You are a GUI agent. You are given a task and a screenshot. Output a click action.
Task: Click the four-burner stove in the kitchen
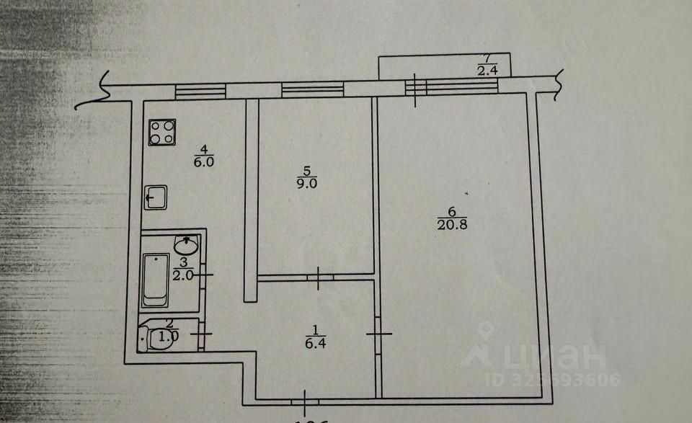point(162,133)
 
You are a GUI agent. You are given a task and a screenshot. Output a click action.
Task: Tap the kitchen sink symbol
point(155,197)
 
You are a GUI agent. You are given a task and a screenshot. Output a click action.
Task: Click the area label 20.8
point(451,224)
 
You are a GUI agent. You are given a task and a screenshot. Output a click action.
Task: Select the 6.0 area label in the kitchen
point(204,162)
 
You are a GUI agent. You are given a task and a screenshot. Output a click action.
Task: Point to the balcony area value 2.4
point(487,70)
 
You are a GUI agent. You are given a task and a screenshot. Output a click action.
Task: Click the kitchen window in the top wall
point(200,91)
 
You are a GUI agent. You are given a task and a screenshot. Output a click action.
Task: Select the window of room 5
point(312,89)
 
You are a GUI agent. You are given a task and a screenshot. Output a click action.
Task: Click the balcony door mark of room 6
point(416,89)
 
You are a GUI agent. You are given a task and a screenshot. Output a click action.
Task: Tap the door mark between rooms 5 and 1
point(319,277)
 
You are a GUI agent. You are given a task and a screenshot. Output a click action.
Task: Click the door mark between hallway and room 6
point(378,333)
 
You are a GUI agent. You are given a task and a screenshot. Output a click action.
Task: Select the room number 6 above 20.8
point(451,212)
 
